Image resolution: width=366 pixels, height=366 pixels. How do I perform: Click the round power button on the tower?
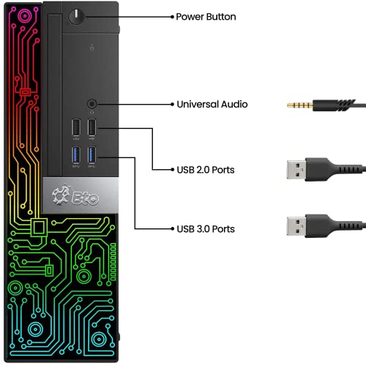tap(77, 17)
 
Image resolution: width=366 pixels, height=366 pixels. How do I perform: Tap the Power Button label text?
tap(206, 17)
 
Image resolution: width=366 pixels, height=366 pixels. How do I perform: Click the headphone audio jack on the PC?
tap(91, 104)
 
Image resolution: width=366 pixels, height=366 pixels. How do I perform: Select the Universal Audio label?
tap(212, 104)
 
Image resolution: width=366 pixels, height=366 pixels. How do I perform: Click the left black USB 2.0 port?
tap(76, 127)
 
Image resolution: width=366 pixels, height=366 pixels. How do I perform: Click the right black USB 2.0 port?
tap(91, 127)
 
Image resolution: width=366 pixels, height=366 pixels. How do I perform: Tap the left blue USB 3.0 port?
tap(76, 155)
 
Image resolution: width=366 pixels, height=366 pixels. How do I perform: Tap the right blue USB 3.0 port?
tap(91, 155)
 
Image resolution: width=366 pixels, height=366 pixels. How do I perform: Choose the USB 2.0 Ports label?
tap(206, 170)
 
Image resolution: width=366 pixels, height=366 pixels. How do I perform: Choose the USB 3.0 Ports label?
tap(206, 229)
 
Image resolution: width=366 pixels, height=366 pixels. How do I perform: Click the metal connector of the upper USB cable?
tap(296, 170)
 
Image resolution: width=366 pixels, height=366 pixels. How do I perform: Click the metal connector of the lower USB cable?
tap(296, 226)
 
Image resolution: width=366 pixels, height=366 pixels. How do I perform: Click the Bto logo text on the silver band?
tap(86, 198)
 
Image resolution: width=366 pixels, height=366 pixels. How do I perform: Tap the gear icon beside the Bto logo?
tap(61, 195)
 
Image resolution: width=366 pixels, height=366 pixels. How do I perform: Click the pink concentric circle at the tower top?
tap(25, 16)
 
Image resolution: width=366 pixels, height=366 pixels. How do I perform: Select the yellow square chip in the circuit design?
tap(39, 228)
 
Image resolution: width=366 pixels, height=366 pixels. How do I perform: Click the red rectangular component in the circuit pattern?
tap(25, 92)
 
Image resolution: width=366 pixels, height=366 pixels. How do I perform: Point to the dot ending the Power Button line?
tap(172, 17)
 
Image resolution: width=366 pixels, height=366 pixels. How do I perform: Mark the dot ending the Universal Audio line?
tap(172, 105)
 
